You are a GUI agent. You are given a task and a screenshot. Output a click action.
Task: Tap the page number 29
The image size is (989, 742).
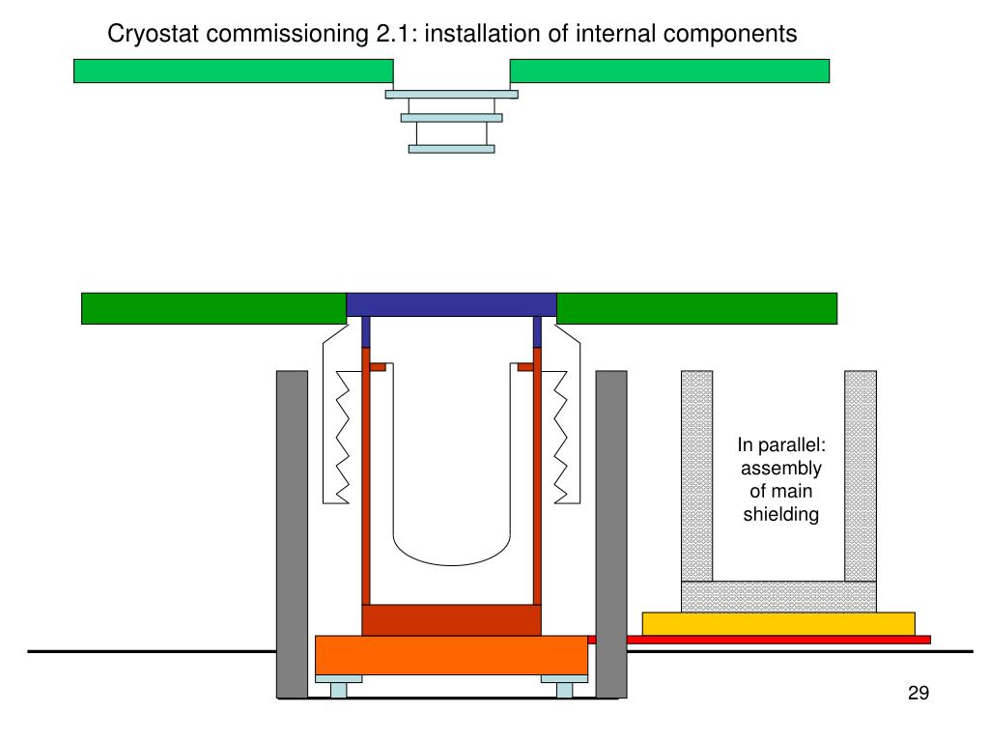[918, 693]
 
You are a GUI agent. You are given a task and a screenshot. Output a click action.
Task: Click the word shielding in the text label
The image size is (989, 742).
[780, 514]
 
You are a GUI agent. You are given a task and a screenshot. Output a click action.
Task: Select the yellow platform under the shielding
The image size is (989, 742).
[778, 623]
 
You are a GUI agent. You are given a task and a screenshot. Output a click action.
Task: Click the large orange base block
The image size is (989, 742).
[451, 654]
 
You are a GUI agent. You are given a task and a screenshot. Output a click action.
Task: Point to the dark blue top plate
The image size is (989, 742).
[451, 303]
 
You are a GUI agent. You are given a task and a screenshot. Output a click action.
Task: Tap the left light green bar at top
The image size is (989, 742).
[233, 71]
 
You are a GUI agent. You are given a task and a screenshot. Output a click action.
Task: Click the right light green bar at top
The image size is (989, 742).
[668, 71]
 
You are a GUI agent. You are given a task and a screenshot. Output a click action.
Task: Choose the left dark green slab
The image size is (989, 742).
[213, 307]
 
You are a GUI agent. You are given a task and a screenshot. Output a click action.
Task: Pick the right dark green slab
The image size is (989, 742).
[696, 307]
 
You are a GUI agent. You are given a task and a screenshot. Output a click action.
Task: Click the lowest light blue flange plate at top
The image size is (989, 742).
[451, 149]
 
